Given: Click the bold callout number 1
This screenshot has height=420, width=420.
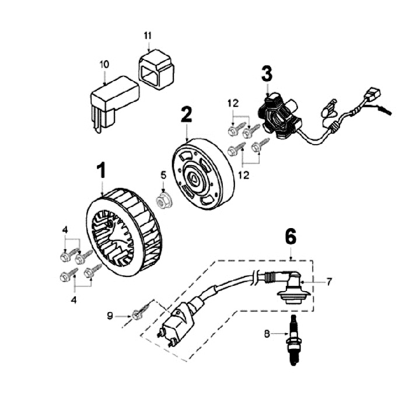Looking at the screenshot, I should [x=101, y=171].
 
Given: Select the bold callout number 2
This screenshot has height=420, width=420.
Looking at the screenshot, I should [x=186, y=114].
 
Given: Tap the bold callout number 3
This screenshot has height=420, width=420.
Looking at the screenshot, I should [x=267, y=73].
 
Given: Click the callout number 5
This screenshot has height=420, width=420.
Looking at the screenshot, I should [x=164, y=174].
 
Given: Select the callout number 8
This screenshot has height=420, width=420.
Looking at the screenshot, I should [x=267, y=334].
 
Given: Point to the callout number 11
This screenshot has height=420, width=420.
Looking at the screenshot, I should [x=148, y=35].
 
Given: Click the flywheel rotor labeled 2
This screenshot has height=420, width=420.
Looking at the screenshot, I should [x=202, y=173].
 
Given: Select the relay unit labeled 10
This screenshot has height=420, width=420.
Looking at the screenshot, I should [x=113, y=99].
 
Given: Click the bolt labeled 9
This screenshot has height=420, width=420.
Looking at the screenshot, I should [x=140, y=313].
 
